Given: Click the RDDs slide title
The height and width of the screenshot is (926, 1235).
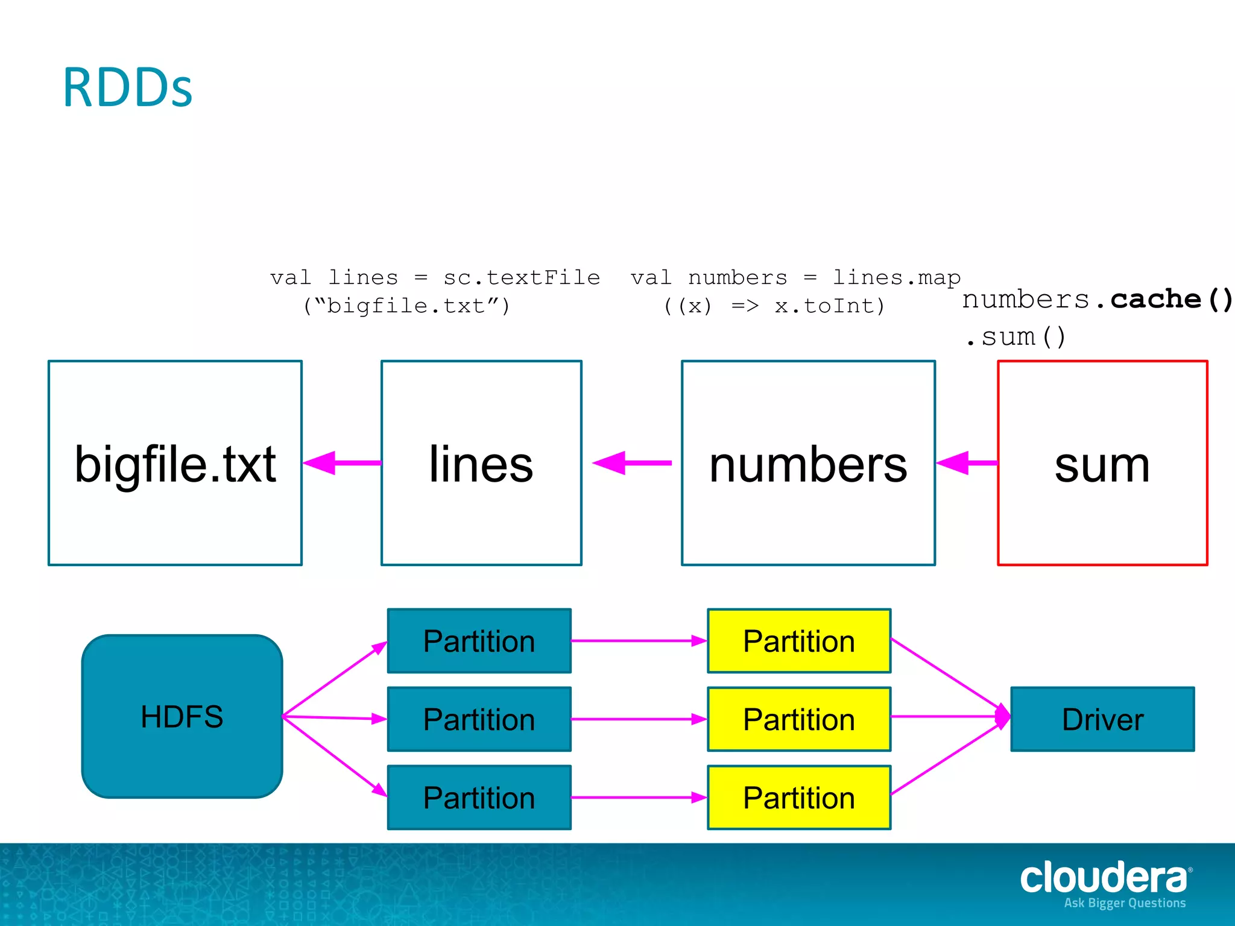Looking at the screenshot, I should click(x=127, y=88).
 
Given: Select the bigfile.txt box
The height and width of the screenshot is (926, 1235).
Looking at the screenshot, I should click(x=175, y=463).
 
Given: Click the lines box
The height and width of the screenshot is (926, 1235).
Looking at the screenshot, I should click(x=481, y=463).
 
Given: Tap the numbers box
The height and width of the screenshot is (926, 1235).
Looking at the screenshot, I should click(x=808, y=463).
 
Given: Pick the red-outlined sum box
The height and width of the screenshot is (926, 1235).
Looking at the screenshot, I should click(x=1102, y=463).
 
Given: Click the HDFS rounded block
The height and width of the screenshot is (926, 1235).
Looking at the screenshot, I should click(x=182, y=716).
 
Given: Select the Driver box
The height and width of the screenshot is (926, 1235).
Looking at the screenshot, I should click(x=1102, y=719).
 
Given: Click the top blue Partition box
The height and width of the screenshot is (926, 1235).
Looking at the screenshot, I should click(x=479, y=641).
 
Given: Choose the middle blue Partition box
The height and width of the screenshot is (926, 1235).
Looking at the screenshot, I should click(x=479, y=719).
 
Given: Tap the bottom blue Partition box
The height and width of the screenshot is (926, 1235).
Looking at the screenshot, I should click(x=479, y=798).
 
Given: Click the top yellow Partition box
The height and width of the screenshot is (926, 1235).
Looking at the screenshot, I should click(x=799, y=641).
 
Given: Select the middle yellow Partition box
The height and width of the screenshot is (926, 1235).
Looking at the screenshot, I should click(x=799, y=719).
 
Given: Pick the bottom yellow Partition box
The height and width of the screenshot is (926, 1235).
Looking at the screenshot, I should click(x=799, y=798).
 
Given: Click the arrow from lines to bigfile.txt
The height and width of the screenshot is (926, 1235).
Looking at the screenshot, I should click(x=343, y=463).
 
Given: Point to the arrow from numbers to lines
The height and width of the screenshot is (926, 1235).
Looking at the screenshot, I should click(x=632, y=463).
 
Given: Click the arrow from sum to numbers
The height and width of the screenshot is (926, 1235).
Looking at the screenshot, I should click(x=967, y=463).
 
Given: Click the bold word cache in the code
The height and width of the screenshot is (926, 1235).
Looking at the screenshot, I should click(x=1156, y=300).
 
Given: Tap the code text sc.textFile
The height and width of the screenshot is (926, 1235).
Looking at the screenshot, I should click(x=522, y=277).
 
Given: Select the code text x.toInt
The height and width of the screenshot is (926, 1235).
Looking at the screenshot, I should click(x=829, y=306).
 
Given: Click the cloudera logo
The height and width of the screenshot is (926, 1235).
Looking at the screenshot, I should click(x=1104, y=879).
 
